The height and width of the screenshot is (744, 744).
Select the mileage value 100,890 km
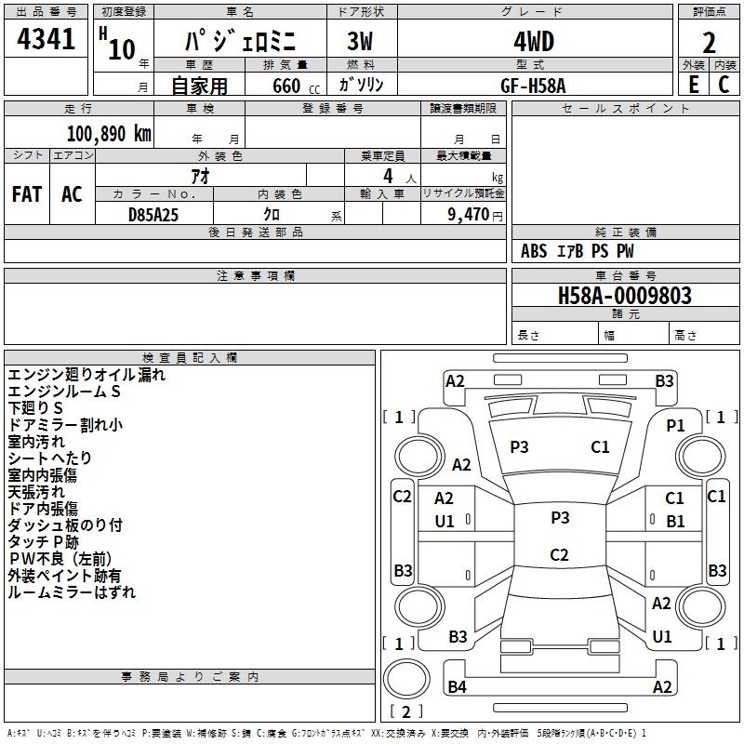click(x=110, y=133)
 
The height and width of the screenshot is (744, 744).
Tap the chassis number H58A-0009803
click(x=624, y=296)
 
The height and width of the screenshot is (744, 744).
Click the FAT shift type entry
click(x=26, y=194)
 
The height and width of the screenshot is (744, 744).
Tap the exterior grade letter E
click(x=693, y=85)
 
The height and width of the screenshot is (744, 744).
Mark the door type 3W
click(x=361, y=43)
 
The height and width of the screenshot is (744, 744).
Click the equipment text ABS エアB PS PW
click(x=578, y=251)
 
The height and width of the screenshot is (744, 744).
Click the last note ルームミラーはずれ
click(x=72, y=591)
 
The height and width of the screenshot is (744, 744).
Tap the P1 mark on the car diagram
click(x=675, y=425)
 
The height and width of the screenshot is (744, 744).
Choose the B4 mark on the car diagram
click(x=457, y=687)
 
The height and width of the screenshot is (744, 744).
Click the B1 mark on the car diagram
click(x=675, y=521)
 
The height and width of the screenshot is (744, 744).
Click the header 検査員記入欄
click(x=190, y=357)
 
